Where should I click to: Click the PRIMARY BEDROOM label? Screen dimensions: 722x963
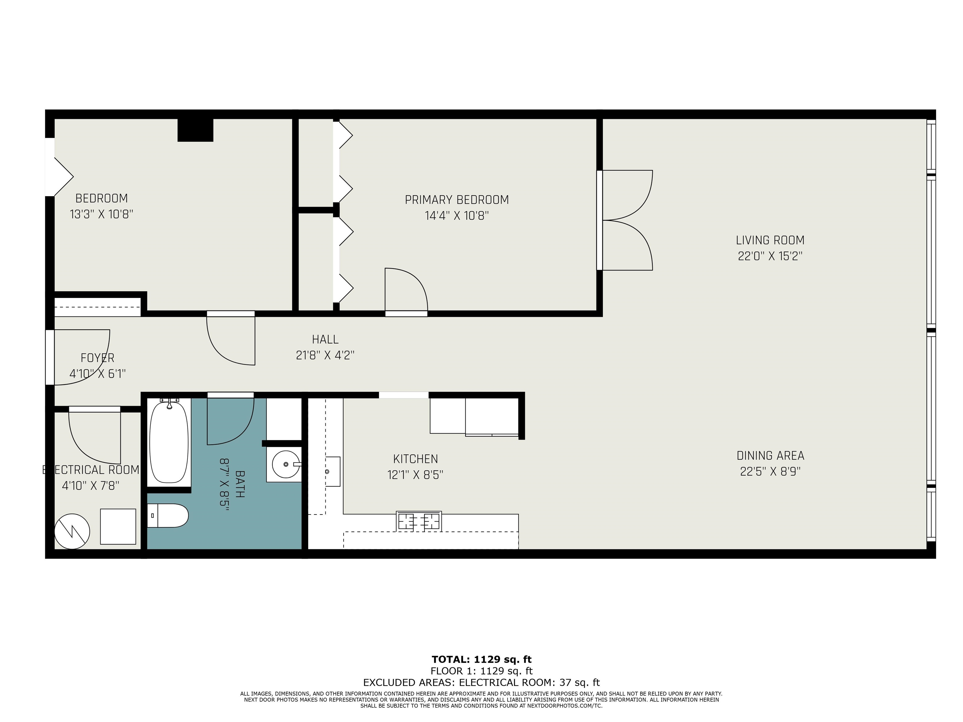[457, 200]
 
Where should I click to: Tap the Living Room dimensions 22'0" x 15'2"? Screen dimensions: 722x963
[770, 256]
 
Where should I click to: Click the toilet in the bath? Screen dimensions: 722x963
[168, 516]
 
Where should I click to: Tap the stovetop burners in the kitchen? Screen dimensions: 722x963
[418, 521]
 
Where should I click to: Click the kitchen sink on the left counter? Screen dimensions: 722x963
[333, 471]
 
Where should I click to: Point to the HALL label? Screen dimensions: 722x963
[325, 339]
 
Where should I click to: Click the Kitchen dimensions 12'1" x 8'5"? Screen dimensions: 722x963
[415, 475]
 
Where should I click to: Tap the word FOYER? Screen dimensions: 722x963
[97, 358]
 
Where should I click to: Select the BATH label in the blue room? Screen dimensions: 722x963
[239, 484]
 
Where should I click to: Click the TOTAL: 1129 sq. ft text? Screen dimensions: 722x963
[481, 659]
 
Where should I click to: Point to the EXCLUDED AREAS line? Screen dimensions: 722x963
[481, 683]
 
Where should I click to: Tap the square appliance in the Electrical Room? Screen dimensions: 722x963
[118, 526]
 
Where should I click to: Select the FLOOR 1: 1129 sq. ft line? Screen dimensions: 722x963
[481, 671]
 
